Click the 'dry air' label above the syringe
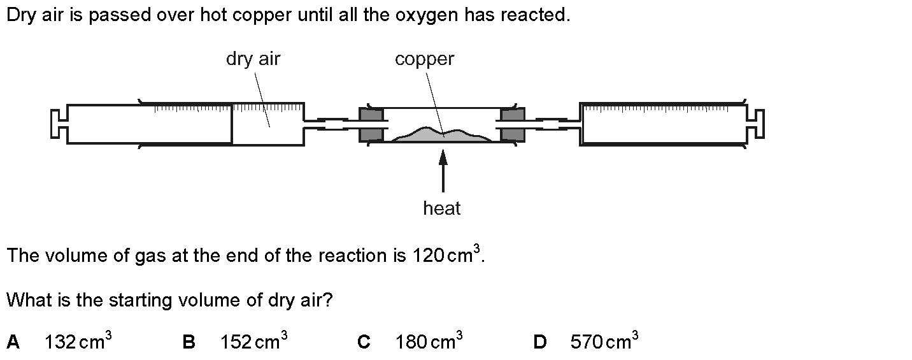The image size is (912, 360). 253,59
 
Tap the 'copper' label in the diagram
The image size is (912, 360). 424,59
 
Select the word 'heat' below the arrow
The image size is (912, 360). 441,208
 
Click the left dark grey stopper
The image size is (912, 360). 371,124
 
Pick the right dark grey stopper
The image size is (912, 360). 512,124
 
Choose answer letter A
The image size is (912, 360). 13,343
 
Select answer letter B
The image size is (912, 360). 189,343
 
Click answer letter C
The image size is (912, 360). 364,343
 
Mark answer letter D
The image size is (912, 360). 539,343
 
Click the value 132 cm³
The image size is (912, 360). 78,342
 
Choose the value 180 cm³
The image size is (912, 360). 429,342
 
